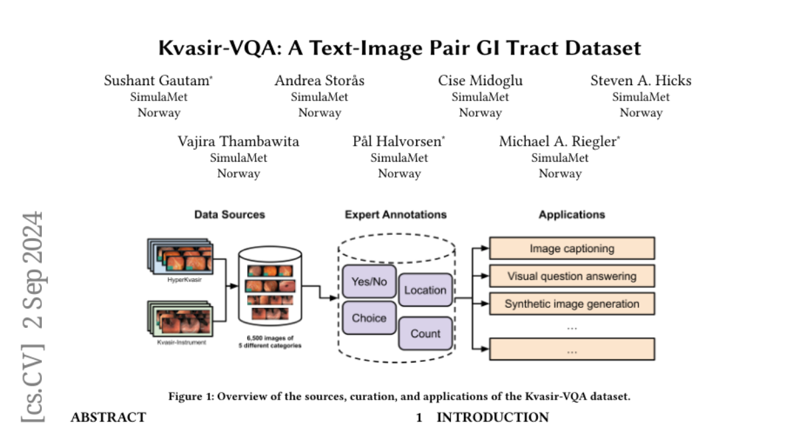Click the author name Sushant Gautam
click(x=157, y=81)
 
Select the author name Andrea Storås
click(x=320, y=81)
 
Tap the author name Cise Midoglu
click(x=480, y=81)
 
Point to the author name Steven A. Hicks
click(x=641, y=81)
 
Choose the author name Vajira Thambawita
click(x=238, y=142)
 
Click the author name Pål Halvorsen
click(x=398, y=142)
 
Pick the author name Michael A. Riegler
click(x=559, y=142)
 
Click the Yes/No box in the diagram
click(x=369, y=281)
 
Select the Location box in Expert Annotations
click(x=425, y=290)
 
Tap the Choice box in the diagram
click(x=369, y=318)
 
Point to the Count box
click(x=425, y=334)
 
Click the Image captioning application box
click(x=572, y=249)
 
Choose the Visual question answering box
click(x=572, y=276)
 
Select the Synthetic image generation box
click(x=572, y=304)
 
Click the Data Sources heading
click(x=230, y=215)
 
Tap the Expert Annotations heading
click(x=396, y=215)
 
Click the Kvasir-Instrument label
click(x=182, y=342)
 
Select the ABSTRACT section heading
click(x=108, y=418)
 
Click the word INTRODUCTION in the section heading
click(x=493, y=418)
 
